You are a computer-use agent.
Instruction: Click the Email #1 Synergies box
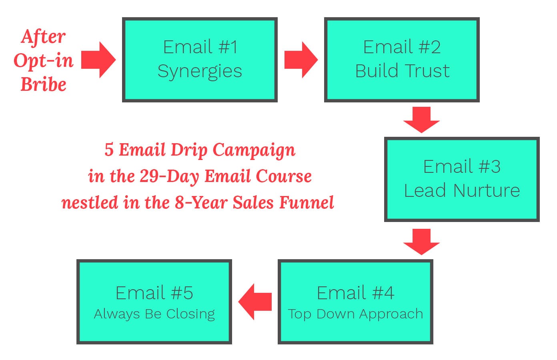(200, 60)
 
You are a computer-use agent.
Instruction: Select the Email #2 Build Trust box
(402, 60)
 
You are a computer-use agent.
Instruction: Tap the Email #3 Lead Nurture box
(462, 179)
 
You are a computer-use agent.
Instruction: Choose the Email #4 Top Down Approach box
(355, 302)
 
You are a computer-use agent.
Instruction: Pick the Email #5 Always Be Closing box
(154, 302)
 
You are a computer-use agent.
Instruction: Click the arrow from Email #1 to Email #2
(301, 60)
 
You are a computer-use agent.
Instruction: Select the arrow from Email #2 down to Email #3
(421, 119)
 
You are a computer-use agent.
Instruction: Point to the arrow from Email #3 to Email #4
(421, 241)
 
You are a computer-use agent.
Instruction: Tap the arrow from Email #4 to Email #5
(255, 302)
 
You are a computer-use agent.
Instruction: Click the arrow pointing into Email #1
(98, 60)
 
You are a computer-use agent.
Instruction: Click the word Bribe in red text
(43, 84)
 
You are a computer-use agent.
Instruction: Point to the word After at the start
(43, 37)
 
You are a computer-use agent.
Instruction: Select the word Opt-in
(43, 61)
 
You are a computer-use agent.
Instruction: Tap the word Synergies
(200, 72)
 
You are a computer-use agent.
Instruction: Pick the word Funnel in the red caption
(307, 202)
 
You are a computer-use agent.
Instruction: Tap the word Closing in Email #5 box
(191, 314)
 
